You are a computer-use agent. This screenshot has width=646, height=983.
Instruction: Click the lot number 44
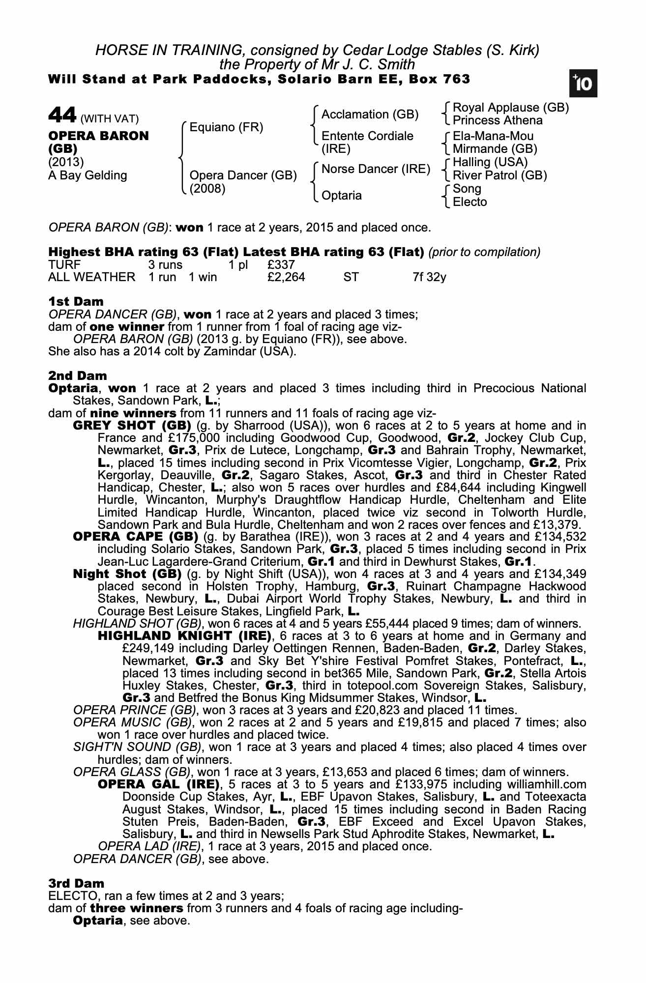(62, 116)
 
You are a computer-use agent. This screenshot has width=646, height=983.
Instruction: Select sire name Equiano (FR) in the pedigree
(226, 128)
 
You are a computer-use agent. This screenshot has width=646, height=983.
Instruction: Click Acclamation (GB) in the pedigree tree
(370, 115)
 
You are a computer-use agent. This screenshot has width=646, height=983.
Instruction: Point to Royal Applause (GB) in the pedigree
(510, 108)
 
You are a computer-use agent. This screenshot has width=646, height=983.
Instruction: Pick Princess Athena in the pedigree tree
(498, 120)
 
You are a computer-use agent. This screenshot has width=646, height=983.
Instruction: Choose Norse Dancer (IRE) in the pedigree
(376, 169)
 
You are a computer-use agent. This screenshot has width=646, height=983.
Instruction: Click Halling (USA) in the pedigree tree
(490, 162)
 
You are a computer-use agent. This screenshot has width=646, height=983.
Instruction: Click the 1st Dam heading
(76, 301)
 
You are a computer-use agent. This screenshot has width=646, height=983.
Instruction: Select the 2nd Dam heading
(77, 376)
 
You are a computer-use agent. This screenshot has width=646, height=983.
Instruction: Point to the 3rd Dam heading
(76, 883)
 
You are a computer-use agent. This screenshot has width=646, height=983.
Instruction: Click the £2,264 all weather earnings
(286, 277)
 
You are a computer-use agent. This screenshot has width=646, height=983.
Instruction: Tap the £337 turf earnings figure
(281, 265)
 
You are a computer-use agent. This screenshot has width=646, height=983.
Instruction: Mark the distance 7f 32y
(429, 277)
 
